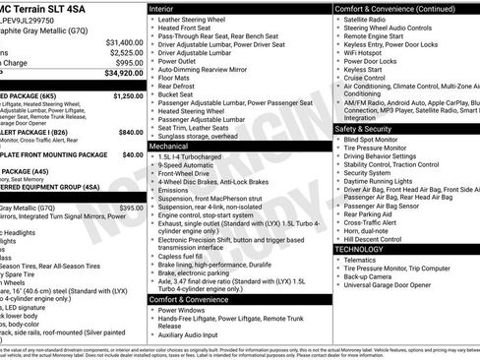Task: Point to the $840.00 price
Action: pos(131,132)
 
